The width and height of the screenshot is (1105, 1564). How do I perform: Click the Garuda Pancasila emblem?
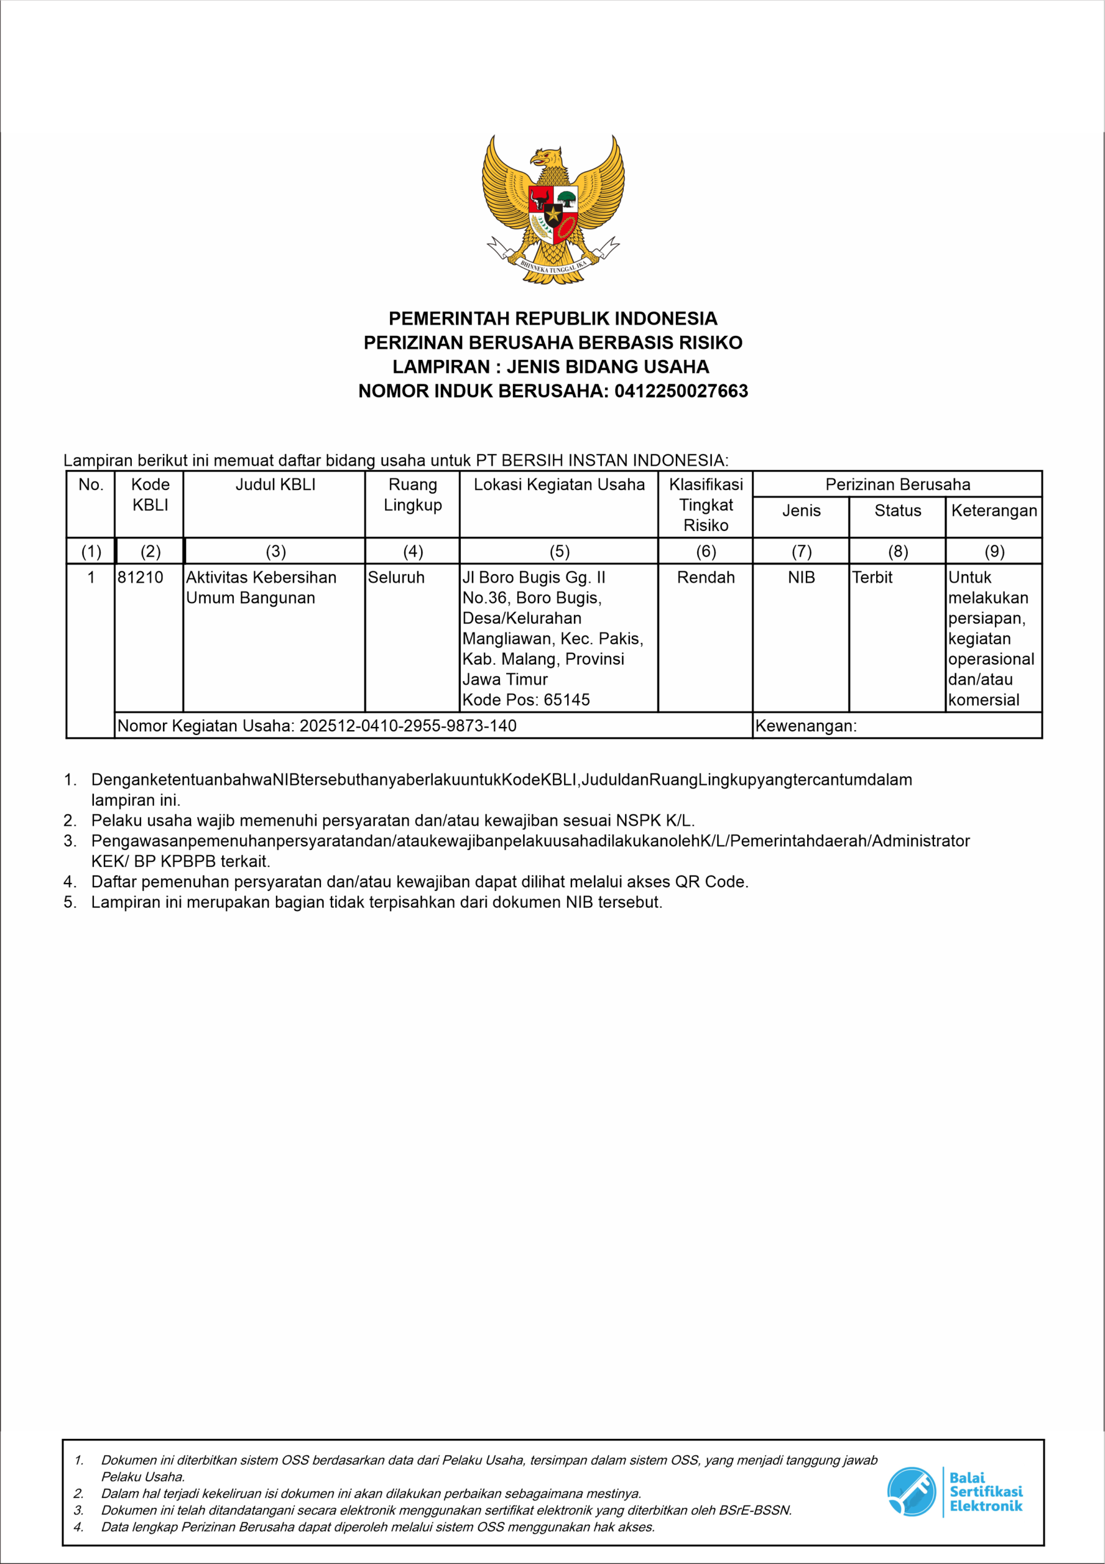click(553, 209)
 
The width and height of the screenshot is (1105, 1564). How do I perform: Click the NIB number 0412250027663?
click(681, 391)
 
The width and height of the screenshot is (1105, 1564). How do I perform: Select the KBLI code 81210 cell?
click(140, 578)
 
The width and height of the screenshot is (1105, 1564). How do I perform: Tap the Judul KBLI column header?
click(275, 485)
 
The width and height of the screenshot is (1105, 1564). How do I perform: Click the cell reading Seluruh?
click(396, 578)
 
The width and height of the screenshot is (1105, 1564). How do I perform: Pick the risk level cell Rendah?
click(705, 578)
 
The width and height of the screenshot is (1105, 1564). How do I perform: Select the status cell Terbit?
click(872, 578)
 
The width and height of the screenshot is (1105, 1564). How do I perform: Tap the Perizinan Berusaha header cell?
click(897, 484)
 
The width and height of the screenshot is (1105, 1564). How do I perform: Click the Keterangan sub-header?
click(993, 511)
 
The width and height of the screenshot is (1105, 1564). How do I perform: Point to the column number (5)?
click(559, 551)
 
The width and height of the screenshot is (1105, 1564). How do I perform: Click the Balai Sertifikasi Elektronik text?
click(985, 1492)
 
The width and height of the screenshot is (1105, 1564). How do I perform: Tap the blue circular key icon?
click(911, 1491)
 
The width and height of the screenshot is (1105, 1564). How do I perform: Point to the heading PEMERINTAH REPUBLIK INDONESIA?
click(553, 318)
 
